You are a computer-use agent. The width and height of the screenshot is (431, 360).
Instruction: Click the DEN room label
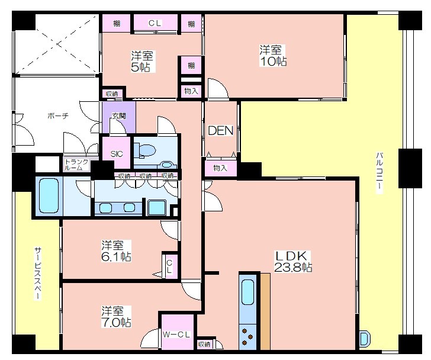coord(220,131)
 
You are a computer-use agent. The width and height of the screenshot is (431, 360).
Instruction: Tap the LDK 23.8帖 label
coord(292,261)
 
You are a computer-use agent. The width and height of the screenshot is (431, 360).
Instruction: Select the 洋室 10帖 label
coord(273,56)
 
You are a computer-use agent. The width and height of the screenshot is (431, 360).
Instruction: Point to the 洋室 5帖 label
coord(142,61)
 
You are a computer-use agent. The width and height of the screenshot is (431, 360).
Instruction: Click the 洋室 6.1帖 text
coord(116,251)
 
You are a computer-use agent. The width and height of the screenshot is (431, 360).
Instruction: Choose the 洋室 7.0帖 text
coord(116,317)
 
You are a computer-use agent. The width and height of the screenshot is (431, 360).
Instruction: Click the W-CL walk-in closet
coord(177,332)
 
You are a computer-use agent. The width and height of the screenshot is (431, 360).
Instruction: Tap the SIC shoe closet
coord(116,153)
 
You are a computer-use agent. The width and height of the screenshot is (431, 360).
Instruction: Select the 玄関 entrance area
coord(119,117)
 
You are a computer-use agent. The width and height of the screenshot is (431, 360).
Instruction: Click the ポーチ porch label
coord(58,115)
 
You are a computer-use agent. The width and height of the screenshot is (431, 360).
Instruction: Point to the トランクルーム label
coord(76,165)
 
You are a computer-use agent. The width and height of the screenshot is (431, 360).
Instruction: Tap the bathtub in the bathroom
coord(49,195)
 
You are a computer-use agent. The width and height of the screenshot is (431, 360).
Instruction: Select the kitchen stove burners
coord(247,337)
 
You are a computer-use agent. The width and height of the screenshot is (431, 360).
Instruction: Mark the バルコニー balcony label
coord(379,172)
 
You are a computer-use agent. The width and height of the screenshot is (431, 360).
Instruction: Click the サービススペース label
coord(38,274)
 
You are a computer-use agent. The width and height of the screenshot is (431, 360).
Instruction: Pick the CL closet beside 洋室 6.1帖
coord(170,266)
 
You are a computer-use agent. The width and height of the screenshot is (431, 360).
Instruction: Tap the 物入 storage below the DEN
coord(220,168)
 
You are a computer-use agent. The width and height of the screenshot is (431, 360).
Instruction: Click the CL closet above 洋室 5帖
coord(155,23)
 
